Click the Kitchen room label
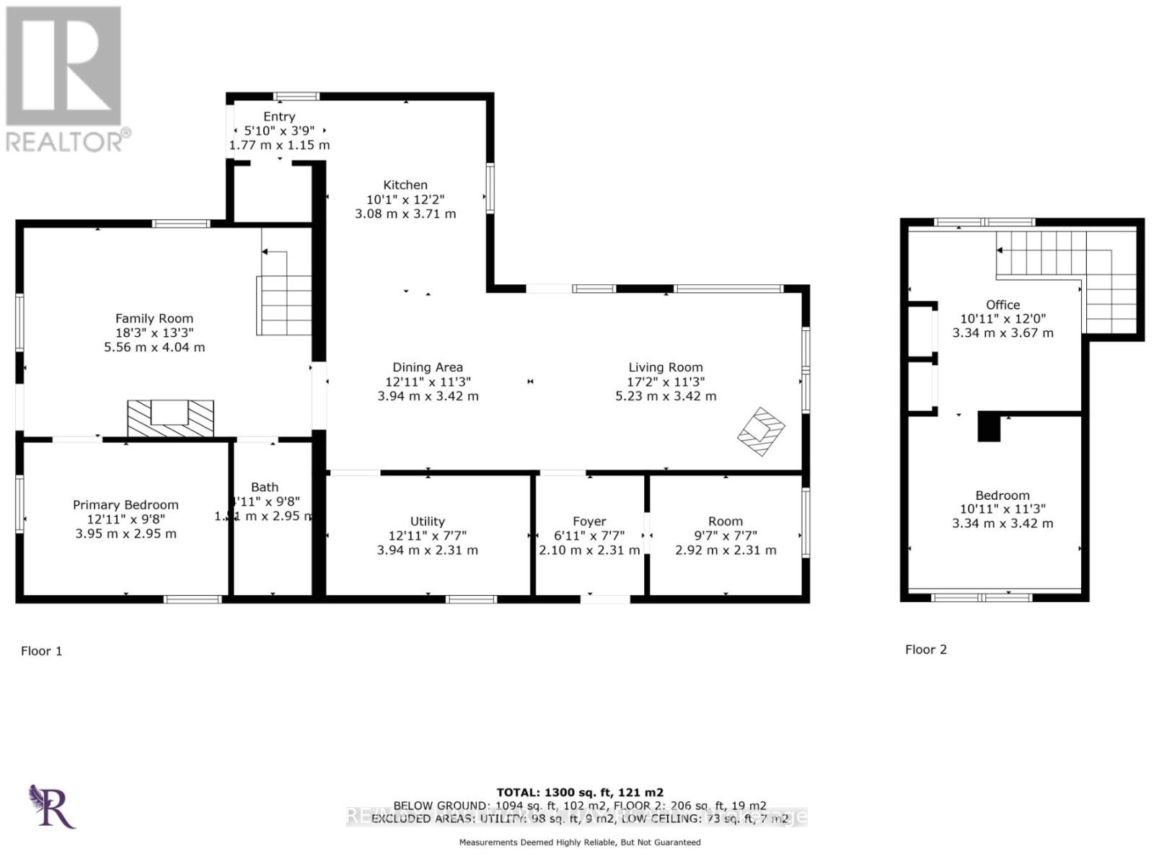pos(405,185)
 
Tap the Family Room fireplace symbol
pos(170,418)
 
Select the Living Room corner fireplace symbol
pos(760,431)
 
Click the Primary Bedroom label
pos(125,505)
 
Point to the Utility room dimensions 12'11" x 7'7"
pos(427,536)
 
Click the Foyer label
pos(589,521)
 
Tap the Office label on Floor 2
pos(1003,304)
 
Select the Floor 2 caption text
pos(925,649)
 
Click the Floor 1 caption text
pos(41,651)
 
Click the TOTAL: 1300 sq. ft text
pos(579,791)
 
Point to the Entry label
pos(279,116)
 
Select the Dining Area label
pos(427,367)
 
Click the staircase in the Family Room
pos(284,304)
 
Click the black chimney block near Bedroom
pos(989,427)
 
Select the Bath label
pos(265,487)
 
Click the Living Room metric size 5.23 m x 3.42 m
pos(665,396)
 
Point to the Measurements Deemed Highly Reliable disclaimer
pos(579,842)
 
